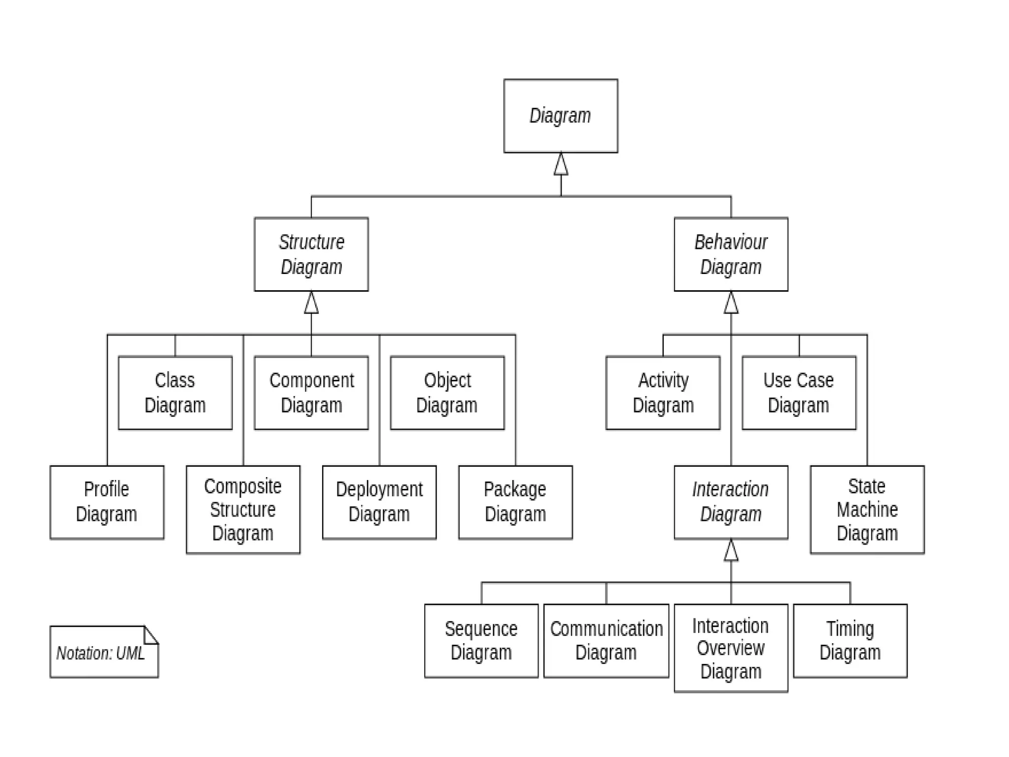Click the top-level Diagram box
pyautogui.click(x=560, y=116)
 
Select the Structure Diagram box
pyautogui.click(x=311, y=254)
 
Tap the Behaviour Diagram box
pyautogui.click(x=731, y=254)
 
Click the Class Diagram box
pyautogui.click(x=175, y=393)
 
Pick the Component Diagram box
pyautogui.click(x=311, y=393)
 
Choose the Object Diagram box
pyautogui.click(x=447, y=393)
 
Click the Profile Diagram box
pyautogui.click(x=106, y=502)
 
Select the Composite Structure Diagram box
pyautogui.click(x=243, y=510)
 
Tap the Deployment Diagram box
pyautogui.click(x=379, y=502)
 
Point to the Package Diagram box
pyautogui.click(x=515, y=502)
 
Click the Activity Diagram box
pyautogui.click(x=663, y=393)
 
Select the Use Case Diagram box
pyautogui.click(x=799, y=393)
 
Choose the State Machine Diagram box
pyautogui.click(x=867, y=510)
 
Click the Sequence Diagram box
pyautogui.click(x=481, y=641)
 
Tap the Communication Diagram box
pyautogui.click(x=606, y=641)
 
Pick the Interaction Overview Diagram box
pyautogui.click(x=731, y=648)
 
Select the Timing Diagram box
pyautogui.click(x=850, y=641)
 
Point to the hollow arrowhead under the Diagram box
pyautogui.click(x=561, y=165)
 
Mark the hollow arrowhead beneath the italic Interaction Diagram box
pyautogui.click(x=731, y=551)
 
